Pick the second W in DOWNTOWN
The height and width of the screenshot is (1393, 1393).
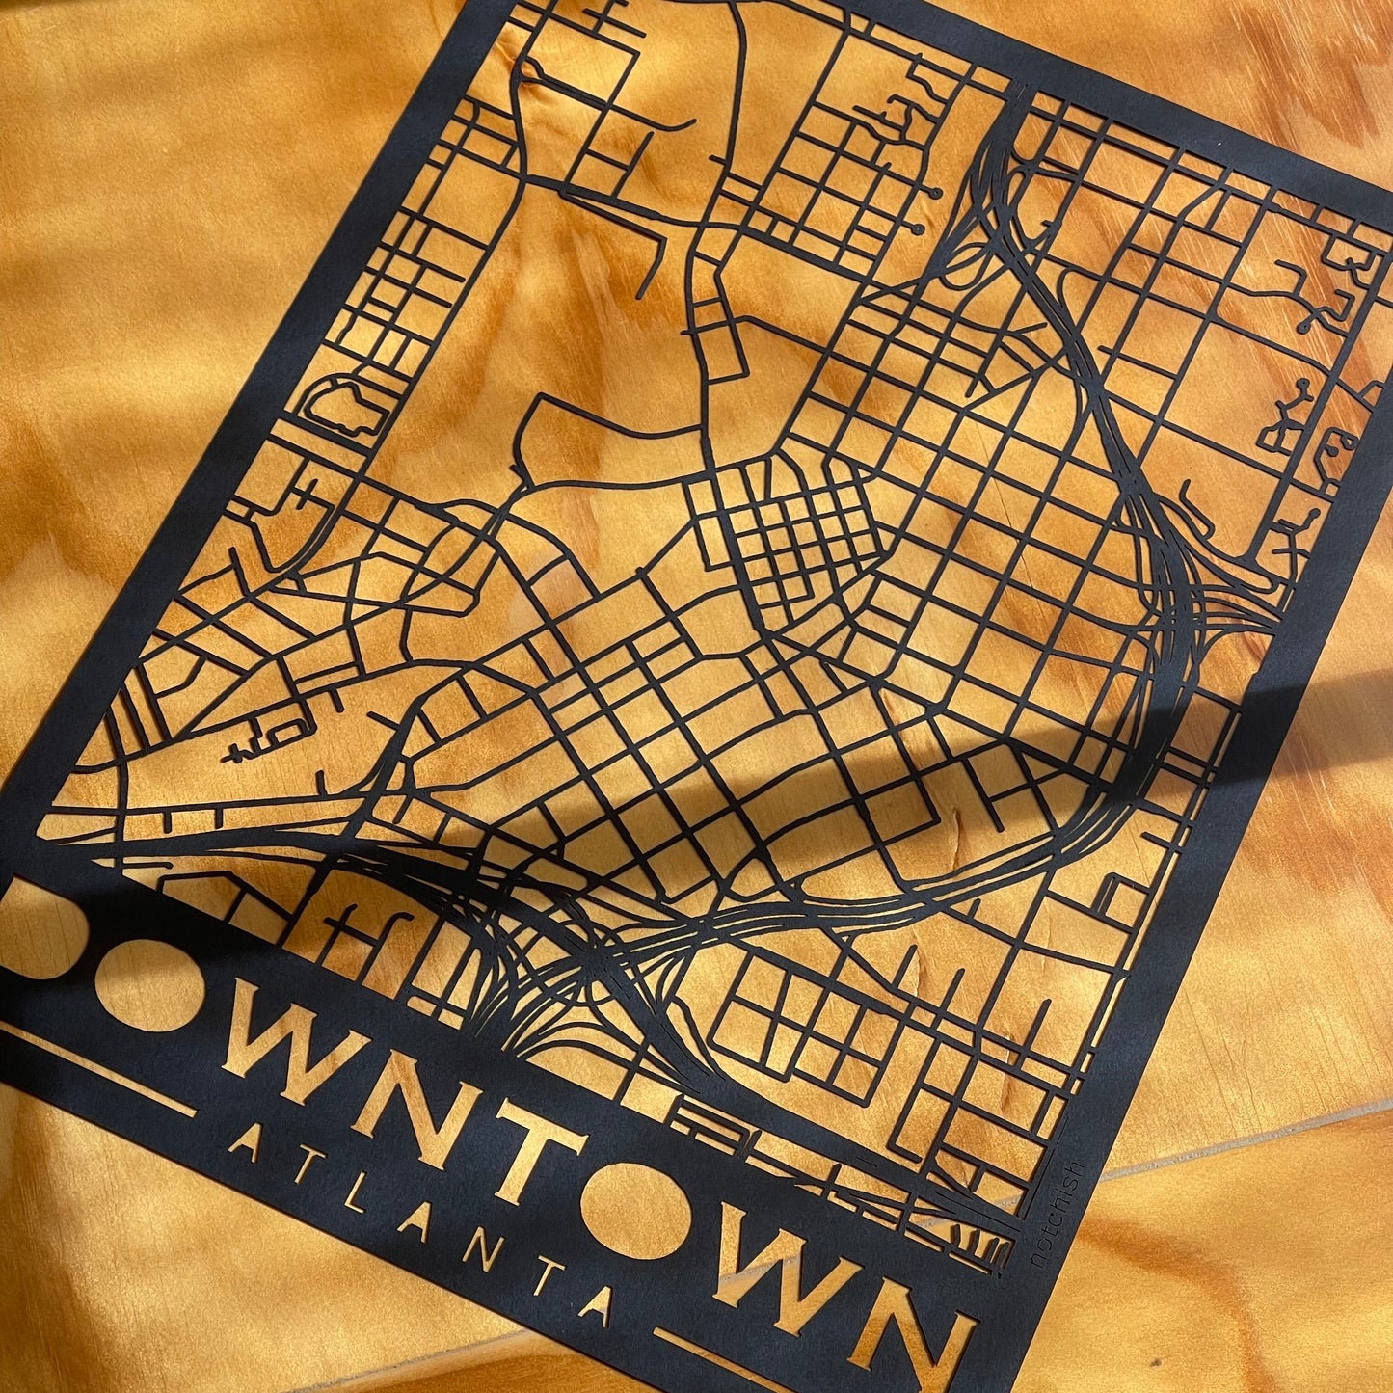[786, 1263]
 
